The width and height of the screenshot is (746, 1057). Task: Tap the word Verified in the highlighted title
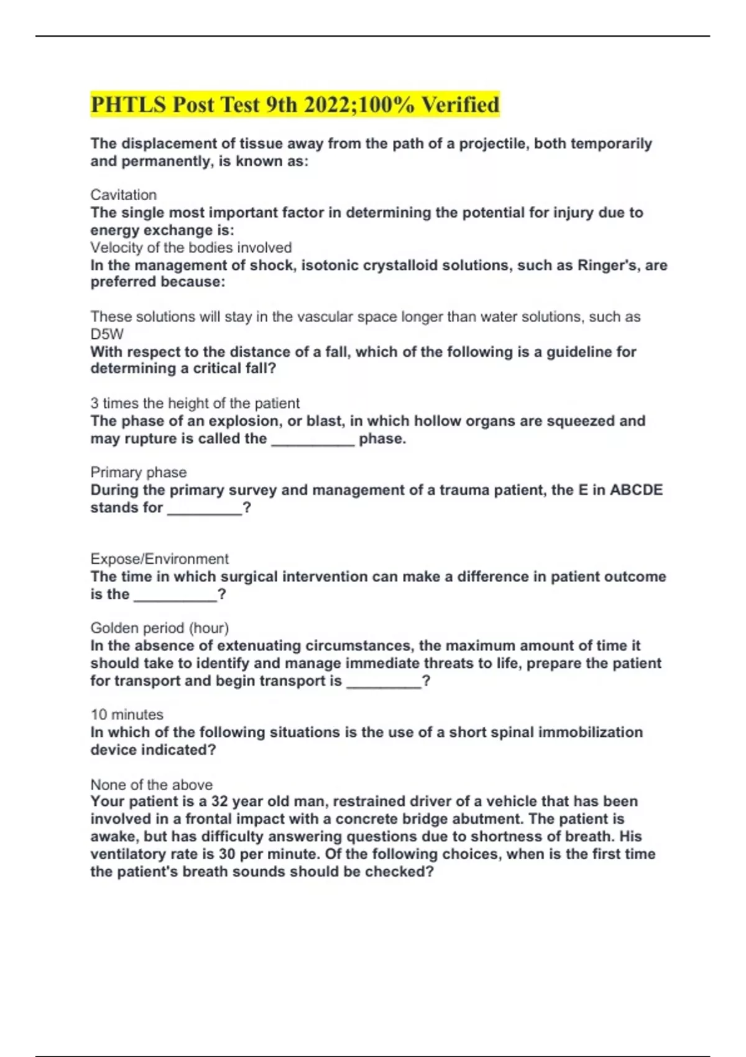(x=461, y=104)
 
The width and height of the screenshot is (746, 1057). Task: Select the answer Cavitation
(x=123, y=195)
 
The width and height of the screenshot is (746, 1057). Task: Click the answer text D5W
(x=107, y=334)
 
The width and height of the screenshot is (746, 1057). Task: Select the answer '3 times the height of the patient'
(x=195, y=403)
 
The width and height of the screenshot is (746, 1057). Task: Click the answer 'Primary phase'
(x=138, y=472)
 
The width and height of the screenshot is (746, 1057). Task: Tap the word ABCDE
(x=636, y=490)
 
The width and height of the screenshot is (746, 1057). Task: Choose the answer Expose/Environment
(x=159, y=558)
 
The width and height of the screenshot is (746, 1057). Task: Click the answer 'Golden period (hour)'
(x=159, y=628)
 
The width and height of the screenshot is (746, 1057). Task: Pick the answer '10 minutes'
(x=127, y=714)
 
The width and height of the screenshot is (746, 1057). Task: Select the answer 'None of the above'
(x=151, y=784)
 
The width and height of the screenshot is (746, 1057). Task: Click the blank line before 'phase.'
(x=313, y=440)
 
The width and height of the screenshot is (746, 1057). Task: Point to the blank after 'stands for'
(x=205, y=509)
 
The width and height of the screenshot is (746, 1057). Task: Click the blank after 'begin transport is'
(x=384, y=682)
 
